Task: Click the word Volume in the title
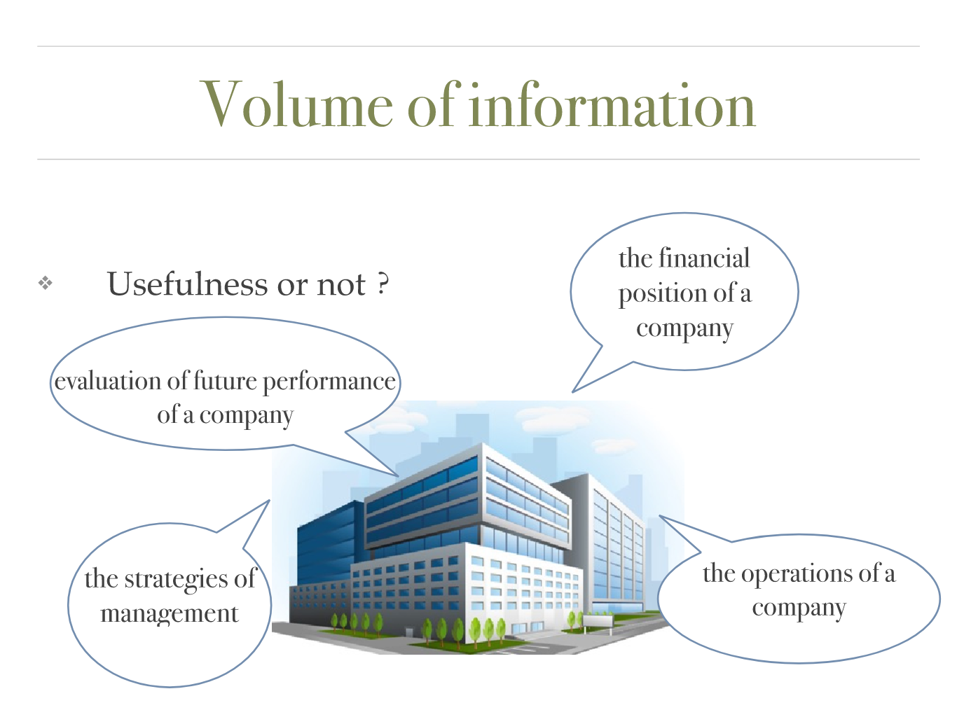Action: coord(296,104)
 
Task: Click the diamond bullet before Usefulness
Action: coord(46,283)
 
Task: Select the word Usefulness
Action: coord(187,284)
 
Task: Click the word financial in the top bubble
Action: coord(703,258)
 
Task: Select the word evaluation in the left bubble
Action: coord(108,381)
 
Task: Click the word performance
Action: coord(329,382)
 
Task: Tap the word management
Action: coord(169,615)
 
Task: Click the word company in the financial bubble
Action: coord(684,329)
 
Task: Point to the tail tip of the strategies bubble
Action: coord(270,500)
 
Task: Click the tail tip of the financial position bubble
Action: coord(572,393)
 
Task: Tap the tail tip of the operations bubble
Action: coord(659,516)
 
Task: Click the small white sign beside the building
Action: coord(598,620)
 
